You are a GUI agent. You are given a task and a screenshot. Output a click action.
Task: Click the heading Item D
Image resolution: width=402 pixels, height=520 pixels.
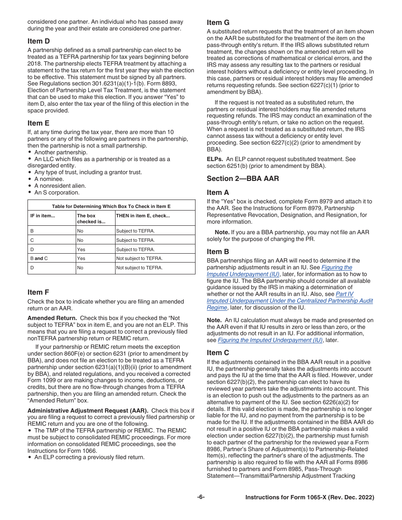click(x=39, y=41)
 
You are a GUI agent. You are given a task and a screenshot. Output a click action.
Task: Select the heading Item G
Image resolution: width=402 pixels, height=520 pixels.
click(x=218, y=22)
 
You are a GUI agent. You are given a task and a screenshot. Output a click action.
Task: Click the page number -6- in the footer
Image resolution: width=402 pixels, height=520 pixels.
click(x=201, y=497)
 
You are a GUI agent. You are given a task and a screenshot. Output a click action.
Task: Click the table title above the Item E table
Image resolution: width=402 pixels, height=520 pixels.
click(x=111, y=206)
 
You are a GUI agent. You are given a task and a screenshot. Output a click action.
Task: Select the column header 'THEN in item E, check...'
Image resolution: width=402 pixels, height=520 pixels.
click(x=143, y=216)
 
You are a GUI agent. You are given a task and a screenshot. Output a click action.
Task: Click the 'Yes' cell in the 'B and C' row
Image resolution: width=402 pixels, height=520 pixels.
click(x=81, y=258)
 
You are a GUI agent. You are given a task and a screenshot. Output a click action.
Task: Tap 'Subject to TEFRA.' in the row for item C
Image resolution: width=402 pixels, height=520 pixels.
click(x=135, y=240)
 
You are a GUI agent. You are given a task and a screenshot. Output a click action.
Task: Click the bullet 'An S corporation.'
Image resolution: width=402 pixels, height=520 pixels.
click(x=57, y=192)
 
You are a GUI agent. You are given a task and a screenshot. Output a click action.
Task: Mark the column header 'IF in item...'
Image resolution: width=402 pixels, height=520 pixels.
click(x=43, y=216)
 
